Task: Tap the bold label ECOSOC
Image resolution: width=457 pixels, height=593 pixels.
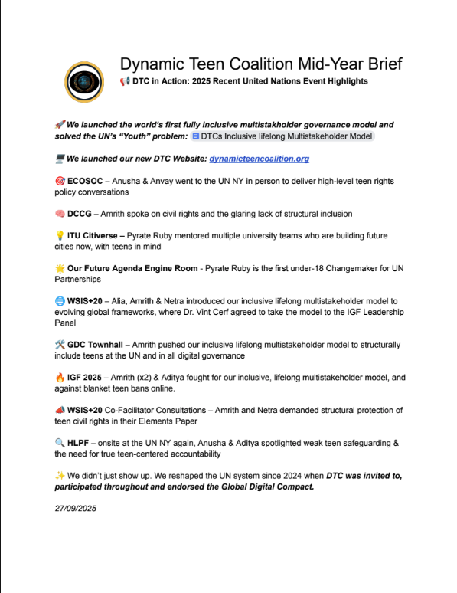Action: (x=88, y=181)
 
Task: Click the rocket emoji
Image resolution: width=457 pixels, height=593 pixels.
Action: (x=60, y=124)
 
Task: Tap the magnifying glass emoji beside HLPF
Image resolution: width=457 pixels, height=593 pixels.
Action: (x=60, y=443)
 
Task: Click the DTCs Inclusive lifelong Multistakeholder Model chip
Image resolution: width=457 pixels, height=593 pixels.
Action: (x=281, y=136)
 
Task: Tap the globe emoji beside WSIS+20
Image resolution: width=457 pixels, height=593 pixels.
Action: (x=60, y=291)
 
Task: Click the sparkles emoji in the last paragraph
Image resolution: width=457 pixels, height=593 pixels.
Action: (x=60, y=476)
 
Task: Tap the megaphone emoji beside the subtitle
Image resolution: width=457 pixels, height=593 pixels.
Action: (x=125, y=81)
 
